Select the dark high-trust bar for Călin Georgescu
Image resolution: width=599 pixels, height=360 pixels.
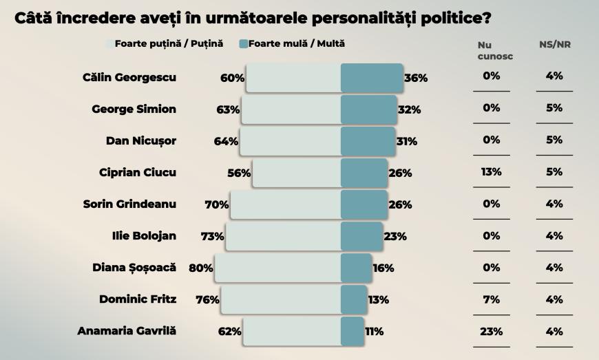[x=372, y=78]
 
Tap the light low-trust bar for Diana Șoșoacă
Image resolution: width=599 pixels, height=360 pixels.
[x=277, y=268]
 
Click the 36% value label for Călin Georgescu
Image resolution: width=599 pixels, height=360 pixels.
[x=416, y=78]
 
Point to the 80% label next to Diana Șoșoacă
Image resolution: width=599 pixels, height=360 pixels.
[x=200, y=268]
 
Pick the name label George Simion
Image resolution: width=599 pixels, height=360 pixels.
[x=134, y=109]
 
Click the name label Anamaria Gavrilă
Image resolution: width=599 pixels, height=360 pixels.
[x=127, y=330]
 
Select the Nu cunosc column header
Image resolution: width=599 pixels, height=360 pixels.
[x=490, y=50]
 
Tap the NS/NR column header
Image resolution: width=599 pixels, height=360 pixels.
[x=554, y=45]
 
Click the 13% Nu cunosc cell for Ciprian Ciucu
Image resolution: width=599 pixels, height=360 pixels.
[x=491, y=171]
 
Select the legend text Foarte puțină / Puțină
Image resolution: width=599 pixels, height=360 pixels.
[x=169, y=44]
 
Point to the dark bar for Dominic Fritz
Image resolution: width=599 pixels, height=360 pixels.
[x=354, y=299]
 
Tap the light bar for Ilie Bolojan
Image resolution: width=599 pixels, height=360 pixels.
[x=283, y=236]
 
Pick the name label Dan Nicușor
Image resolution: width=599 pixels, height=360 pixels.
[x=141, y=140]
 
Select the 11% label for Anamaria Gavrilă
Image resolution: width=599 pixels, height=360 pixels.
[x=374, y=331]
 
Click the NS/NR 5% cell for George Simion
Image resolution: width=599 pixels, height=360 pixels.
[x=554, y=108]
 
